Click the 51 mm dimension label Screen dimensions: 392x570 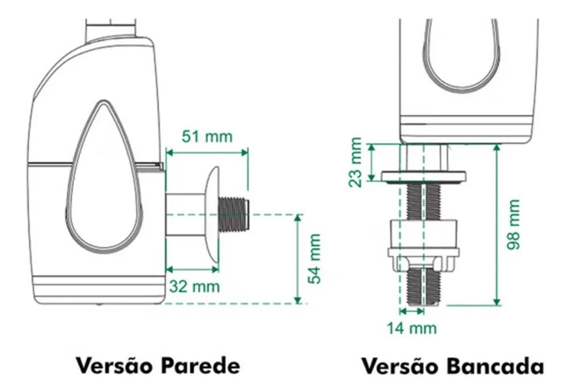point(207,137)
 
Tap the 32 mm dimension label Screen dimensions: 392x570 point(193,286)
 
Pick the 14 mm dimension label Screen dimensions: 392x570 point(412,328)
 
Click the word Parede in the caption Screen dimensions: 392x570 point(199,365)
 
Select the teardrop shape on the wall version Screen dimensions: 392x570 point(103,183)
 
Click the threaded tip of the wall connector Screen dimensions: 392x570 point(235,214)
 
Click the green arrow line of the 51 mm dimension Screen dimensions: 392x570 point(207,152)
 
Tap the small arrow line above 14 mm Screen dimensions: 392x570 point(412,311)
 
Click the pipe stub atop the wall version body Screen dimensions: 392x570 point(110,30)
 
